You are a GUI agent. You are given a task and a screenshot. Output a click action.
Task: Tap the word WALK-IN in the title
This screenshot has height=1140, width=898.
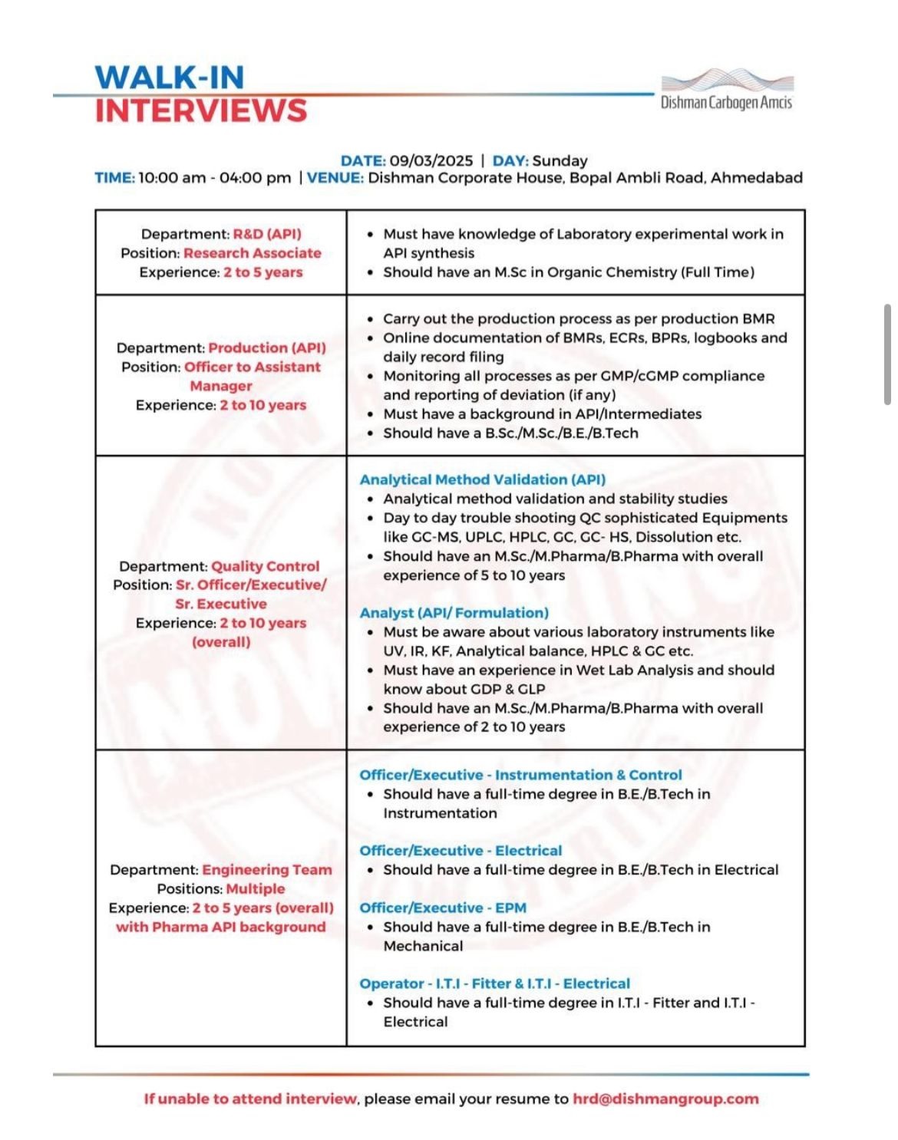tap(170, 77)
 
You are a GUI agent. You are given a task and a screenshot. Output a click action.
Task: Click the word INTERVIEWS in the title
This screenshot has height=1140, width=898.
tap(201, 111)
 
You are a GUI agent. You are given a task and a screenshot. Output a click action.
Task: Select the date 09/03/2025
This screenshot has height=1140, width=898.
tap(431, 160)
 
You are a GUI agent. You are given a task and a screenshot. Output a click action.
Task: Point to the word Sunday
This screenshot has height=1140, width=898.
tap(560, 160)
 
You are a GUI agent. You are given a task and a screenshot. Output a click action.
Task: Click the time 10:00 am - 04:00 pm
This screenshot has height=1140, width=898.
tap(215, 178)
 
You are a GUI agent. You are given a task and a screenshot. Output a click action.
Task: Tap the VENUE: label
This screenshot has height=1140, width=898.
tap(335, 178)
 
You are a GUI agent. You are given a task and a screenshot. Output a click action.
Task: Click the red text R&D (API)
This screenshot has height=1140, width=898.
tap(267, 234)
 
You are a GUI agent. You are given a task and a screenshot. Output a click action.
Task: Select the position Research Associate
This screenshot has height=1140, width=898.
tap(253, 253)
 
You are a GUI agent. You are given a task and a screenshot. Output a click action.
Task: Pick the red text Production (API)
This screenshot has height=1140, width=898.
tap(267, 348)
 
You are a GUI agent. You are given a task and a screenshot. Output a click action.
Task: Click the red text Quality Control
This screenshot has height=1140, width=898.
tap(266, 566)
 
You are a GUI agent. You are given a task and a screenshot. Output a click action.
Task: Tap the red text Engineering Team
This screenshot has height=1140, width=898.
tap(267, 870)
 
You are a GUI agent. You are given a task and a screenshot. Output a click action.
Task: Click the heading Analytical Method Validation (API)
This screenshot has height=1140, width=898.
tap(483, 479)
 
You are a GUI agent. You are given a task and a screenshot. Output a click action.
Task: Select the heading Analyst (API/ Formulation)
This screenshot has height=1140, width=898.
tap(454, 613)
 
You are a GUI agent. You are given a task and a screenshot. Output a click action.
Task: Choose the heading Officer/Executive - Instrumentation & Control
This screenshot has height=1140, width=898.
tap(520, 775)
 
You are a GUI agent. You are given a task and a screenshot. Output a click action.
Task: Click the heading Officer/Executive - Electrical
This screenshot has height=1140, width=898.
tap(461, 851)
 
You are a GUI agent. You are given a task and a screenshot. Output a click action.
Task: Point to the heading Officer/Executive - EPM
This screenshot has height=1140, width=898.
tap(443, 908)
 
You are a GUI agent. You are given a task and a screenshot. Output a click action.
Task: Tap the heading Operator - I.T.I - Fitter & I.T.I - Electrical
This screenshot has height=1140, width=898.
tap(494, 983)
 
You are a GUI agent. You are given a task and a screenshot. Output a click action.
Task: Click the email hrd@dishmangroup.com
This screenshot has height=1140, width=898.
tap(665, 1099)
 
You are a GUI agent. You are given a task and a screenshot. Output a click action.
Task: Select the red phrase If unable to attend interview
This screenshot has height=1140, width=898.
tap(250, 1099)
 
